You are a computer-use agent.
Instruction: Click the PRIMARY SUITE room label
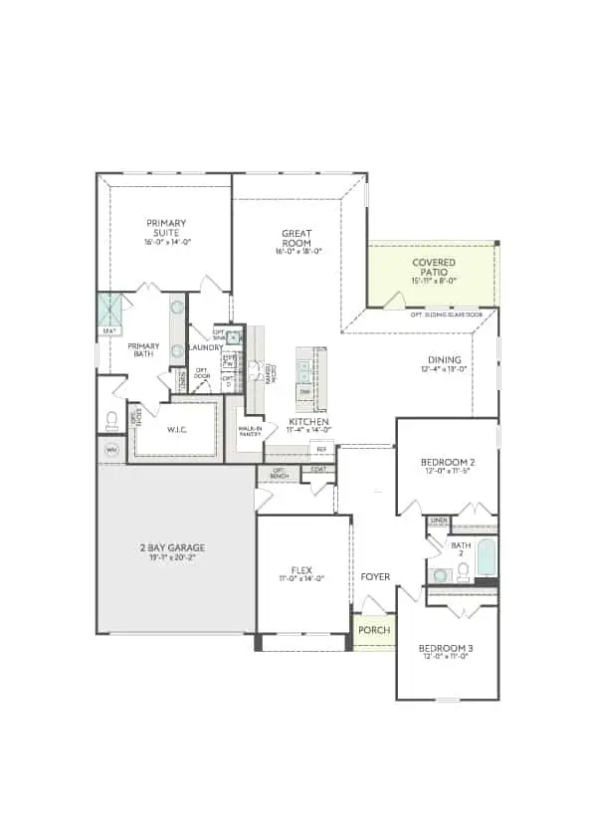166,228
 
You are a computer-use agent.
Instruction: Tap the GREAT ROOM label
296,239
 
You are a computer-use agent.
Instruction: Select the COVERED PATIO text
434,268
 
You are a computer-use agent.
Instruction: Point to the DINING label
443,360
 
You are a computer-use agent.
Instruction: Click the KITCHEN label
309,422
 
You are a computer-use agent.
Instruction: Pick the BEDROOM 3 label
445,648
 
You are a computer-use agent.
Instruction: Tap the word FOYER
375,577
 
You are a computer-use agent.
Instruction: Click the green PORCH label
374,631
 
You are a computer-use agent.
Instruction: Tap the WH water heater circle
110,449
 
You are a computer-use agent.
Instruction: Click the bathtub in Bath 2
486,558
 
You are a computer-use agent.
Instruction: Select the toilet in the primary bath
111,419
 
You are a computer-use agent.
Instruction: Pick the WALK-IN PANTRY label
250,431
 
